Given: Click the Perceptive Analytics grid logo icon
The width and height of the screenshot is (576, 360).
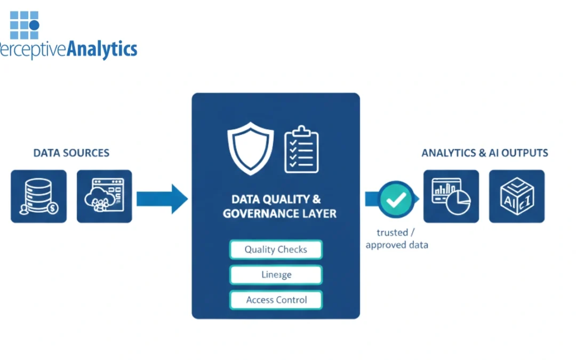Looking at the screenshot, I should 25,25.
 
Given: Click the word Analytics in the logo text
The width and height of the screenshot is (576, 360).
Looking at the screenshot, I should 101,50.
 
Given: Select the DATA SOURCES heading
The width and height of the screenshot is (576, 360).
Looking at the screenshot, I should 71,153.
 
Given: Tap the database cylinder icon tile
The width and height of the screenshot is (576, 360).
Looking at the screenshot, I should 39,196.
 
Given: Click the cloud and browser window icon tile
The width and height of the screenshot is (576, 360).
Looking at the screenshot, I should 105,196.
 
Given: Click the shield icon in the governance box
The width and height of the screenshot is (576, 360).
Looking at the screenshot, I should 250,148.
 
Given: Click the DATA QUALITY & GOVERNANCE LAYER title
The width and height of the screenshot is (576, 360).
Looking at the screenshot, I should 276,206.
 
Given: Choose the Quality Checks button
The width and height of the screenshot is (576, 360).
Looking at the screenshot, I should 276,250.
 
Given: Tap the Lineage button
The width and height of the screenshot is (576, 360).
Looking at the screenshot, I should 276,275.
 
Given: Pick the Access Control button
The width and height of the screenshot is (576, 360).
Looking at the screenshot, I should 276,300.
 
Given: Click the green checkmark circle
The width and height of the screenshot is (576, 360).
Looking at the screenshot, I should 396,199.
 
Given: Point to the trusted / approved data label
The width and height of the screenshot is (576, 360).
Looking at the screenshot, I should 396,239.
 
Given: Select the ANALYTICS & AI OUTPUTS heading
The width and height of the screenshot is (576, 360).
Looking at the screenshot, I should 485,153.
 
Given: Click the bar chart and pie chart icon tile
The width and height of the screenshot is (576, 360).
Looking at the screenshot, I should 451,196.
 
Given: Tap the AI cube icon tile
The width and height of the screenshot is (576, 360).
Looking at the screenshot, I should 517,196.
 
